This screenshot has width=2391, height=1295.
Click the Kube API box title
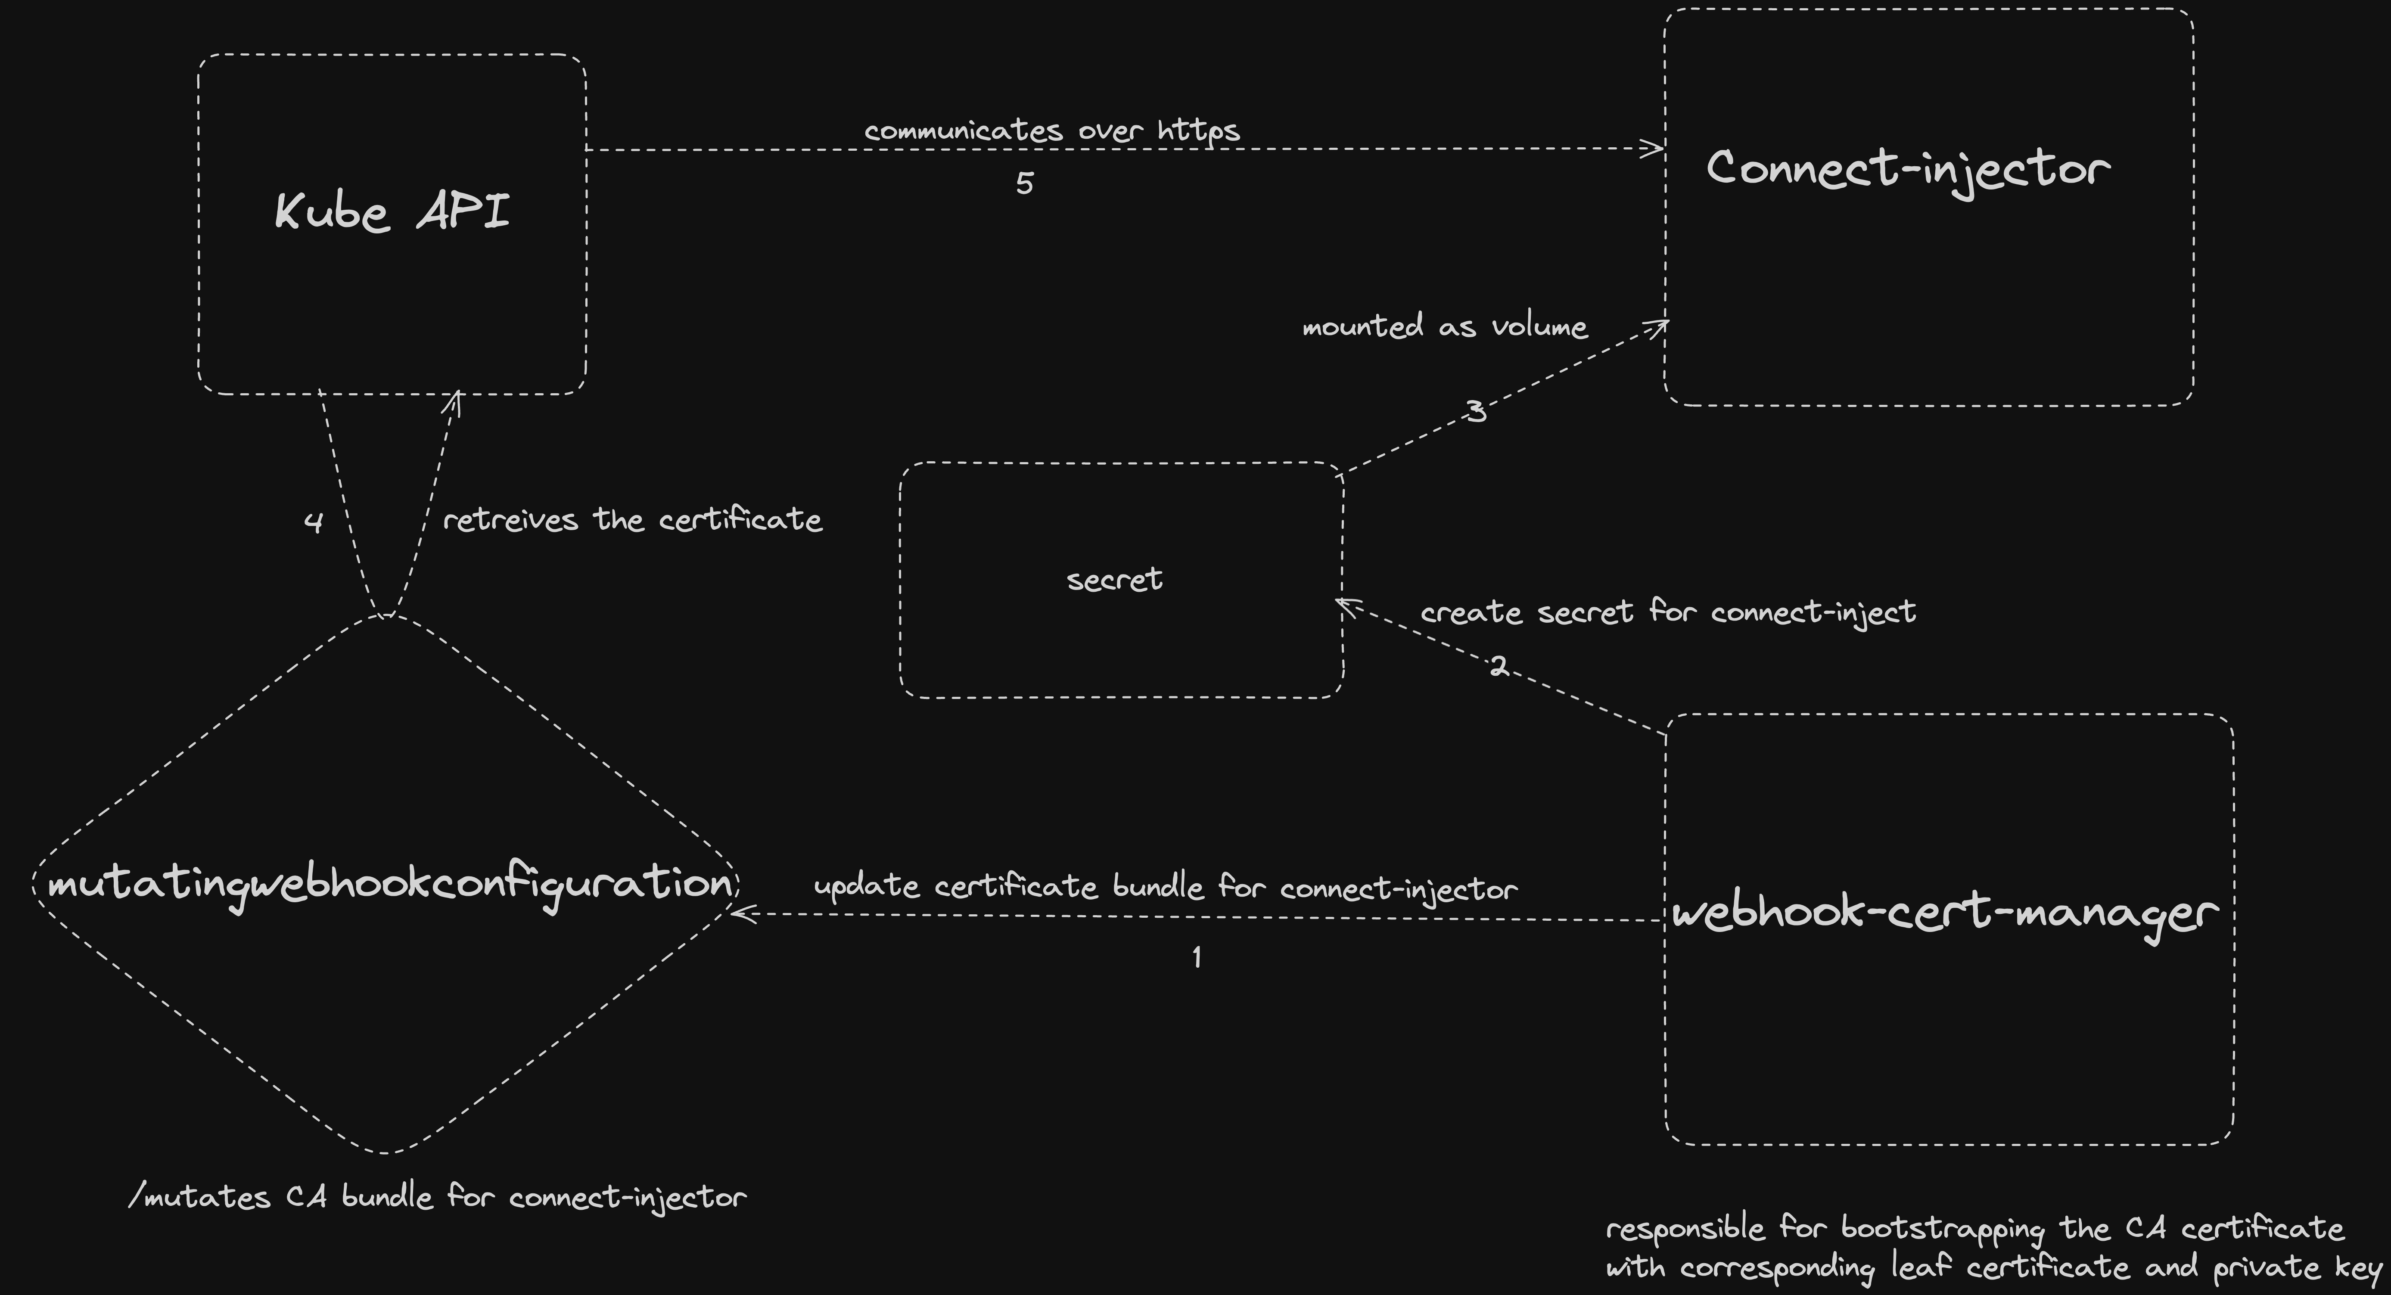point(392,211)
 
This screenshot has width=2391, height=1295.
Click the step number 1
point(1197,957)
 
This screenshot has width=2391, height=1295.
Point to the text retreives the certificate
point(632,520)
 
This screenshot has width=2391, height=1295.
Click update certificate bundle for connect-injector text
point(1166,888)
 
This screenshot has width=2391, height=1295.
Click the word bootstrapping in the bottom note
point(1943,1229)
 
